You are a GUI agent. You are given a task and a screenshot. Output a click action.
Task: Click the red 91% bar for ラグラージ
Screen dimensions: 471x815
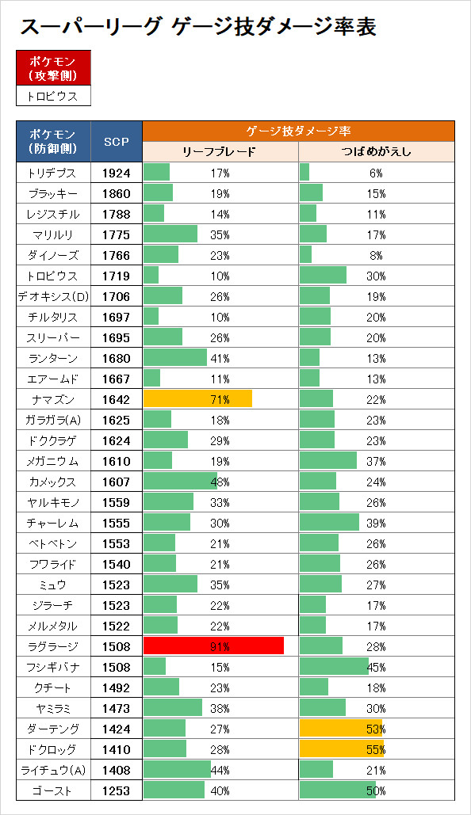tap(213, 646)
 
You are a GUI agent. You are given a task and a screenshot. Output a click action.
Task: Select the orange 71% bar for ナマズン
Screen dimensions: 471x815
tap(197, 399)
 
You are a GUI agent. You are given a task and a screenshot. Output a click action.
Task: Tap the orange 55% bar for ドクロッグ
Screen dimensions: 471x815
tap(342, 749)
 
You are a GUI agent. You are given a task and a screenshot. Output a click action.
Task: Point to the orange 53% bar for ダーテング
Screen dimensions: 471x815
tap(341, 729)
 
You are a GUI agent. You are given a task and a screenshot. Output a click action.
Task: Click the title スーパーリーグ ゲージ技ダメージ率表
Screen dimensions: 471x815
tap(197, 27)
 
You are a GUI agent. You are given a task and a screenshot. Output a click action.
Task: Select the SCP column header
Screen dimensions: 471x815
tap(116, 141)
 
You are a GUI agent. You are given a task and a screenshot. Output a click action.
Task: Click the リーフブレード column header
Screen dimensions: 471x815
tap(220, 152)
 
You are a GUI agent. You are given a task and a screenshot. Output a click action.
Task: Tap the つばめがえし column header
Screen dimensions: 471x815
tap(377, 152)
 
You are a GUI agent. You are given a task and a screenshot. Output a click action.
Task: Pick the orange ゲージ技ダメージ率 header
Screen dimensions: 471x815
tap(298, 131)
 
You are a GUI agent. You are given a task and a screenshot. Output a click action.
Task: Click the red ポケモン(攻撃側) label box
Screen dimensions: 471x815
tap(53, 68)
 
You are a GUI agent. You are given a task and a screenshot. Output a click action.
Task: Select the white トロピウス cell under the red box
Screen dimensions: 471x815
tap(53, 96)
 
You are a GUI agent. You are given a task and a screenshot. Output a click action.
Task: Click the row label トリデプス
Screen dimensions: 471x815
tap(52, 173)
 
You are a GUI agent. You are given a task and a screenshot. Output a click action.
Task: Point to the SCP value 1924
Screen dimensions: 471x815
tap(116, 173)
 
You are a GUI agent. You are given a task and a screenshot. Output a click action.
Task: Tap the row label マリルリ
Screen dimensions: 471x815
tap(52, 235)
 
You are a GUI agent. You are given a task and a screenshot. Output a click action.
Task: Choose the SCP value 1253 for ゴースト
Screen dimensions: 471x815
tap(116, 790)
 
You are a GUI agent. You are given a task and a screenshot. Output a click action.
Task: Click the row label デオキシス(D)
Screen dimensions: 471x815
tap(53, 296)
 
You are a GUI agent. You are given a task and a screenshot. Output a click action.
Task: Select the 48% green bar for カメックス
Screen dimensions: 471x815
tap(180, 482)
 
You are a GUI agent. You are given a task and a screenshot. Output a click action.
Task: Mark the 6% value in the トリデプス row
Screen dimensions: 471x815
tap(377, 173)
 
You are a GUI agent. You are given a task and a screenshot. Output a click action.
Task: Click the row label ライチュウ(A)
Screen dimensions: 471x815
tap(53, 770)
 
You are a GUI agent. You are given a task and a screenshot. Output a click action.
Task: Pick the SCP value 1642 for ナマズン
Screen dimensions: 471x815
tap(116, 399)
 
